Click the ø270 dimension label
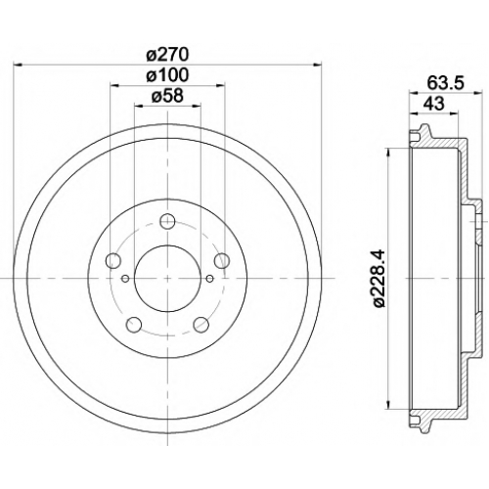(x=167, y=55)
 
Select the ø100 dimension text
(x=167, y=75)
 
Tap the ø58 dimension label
(x=167, y=96)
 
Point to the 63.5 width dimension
(x=445, y=83)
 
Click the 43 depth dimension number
(x=433, y=104)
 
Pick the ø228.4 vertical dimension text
(x=379, y=278)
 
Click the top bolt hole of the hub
(x=167, y=221)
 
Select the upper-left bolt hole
(x=113, y=260)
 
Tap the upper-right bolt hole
(x=222, y=260)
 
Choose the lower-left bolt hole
(x=134, y=324)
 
